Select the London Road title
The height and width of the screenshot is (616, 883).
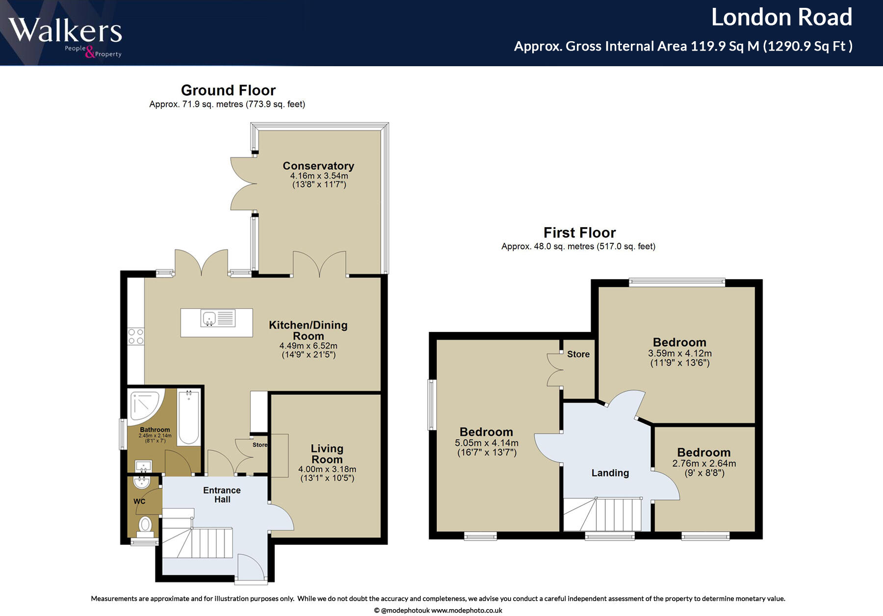(x=781, y=17)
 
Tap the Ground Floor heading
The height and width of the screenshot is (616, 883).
(x=228, y=90)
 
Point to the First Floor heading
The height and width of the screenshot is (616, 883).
(x=579, y=232)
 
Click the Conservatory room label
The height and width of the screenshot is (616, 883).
(x=318, y=166)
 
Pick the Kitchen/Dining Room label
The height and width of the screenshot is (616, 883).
(x=308, y=331)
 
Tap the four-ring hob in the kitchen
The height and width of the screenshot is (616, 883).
(x=136, y=336)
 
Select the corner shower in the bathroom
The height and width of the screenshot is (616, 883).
(x=146, y=406)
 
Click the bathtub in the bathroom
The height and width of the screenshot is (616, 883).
(x=188, y=417)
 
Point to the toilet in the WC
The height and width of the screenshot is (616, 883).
(x=145, y=524)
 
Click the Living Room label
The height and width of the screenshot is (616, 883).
(x=327, y=454)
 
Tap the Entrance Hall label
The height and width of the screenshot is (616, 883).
(x=222, y=495)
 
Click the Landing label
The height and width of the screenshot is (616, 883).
(x=610, y=473)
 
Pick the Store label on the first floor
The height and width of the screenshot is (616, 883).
(x=578, y=354)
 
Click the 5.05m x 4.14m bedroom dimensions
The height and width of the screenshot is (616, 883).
(x=487, y=448)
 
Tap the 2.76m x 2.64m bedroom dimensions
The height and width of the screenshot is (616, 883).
(x=704, y=468)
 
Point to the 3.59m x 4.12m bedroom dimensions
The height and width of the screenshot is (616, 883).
(x=680, y=358)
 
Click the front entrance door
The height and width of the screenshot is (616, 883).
(x=251, y=569)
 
